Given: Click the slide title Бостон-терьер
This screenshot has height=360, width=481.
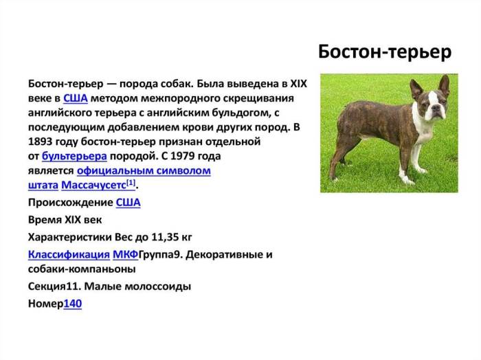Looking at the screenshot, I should [385, 52].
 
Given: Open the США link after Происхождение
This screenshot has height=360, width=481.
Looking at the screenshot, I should [128, 203].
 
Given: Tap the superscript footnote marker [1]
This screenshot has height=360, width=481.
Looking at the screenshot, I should [131, 183].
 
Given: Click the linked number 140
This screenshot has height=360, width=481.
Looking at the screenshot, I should [72, 303].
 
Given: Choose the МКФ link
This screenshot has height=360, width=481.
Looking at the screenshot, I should [125, 254].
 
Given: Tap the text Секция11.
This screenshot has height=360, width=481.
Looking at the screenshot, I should [57, 286].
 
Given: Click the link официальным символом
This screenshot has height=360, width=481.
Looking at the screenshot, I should [144, 170].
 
